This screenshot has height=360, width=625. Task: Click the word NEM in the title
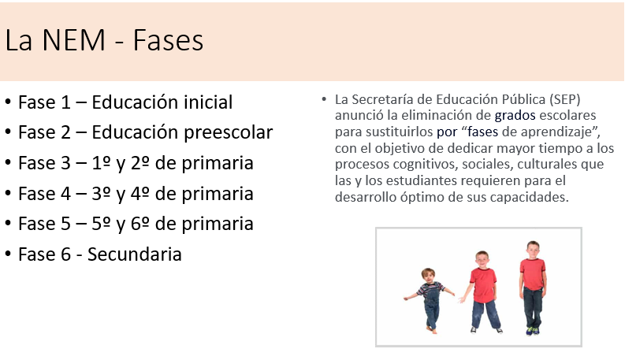point(74,40)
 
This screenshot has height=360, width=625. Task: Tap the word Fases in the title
point(168,40)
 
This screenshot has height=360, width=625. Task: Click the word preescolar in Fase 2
point(228,133)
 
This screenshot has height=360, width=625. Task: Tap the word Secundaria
point(134,254)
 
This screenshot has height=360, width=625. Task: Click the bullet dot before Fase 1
point(8,102)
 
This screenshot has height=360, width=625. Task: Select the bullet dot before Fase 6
point(8,255)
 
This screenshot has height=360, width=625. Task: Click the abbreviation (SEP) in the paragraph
point(564,99)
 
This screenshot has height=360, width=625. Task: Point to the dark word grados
point(515,116)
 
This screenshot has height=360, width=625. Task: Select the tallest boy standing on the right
point(533,288)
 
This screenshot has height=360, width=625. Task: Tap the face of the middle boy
point(482,261)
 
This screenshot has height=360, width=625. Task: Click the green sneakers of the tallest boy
point(532,332)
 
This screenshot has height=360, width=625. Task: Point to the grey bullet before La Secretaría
point(324,98)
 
